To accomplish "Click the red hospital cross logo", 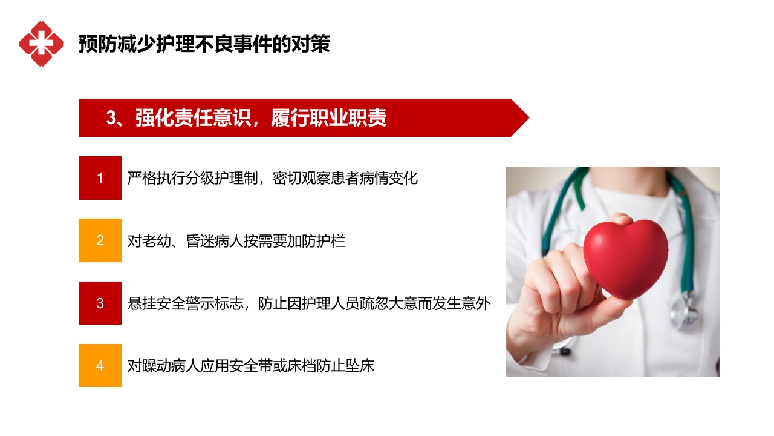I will point(41,44).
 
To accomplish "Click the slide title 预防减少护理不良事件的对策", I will point(204,44).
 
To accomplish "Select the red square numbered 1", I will point(100,178).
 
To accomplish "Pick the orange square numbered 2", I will point(100,240).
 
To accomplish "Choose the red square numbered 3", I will point(100,303).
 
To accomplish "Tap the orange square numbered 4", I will point(100,365).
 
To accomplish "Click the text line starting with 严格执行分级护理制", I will point(272,178).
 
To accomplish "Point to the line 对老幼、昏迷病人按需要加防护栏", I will point(236,240).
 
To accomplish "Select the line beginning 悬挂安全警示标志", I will point(308,303).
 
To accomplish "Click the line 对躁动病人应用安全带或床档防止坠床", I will point(251,366).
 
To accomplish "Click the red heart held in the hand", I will point(625,257).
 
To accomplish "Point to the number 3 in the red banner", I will point(111,118).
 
